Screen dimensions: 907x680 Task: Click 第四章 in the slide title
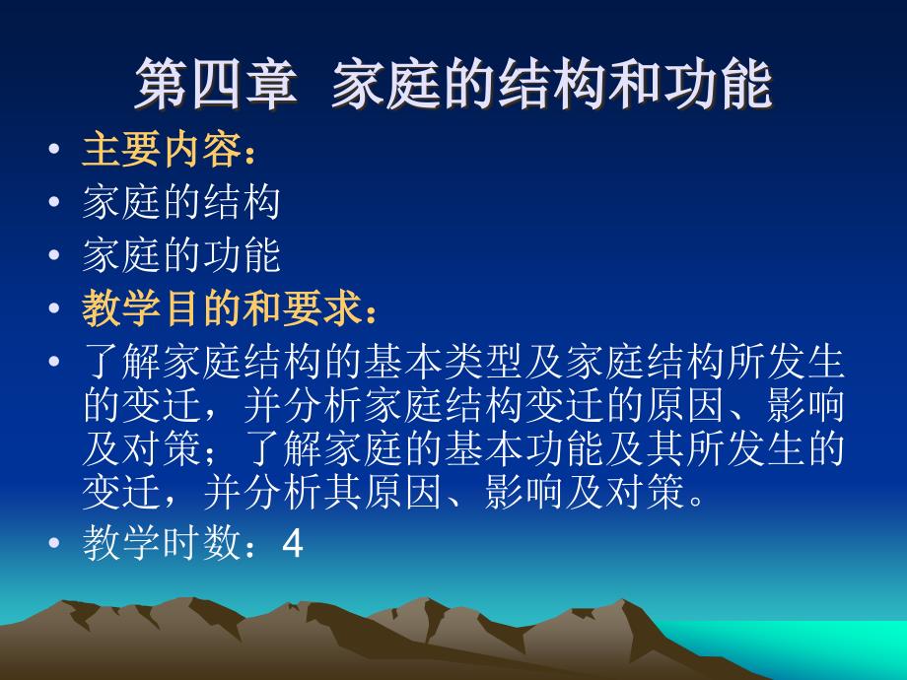pos(216,84)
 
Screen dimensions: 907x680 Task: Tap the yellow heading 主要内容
pos(162,150)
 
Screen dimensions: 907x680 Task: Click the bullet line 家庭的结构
pos(181,202)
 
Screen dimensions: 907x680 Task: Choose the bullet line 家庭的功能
pos(181,254)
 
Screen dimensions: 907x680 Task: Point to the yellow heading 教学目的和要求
pos(222,307)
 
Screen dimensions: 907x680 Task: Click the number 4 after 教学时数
pos(293,544)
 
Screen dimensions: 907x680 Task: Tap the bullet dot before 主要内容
pos(54,149)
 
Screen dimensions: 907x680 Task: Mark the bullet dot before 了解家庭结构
pos(54,361)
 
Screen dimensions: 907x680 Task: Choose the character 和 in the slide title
pos(634,84)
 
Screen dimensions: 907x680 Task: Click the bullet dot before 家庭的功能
pos(54,254)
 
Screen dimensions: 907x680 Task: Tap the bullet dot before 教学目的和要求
pos(54,307)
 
